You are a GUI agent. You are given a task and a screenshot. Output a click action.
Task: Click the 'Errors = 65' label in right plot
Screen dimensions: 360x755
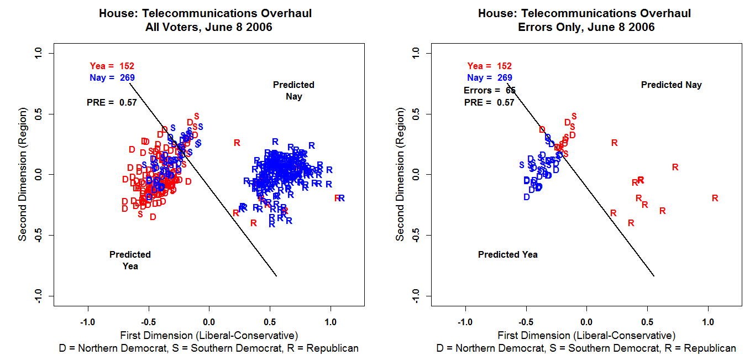tap(489, 90)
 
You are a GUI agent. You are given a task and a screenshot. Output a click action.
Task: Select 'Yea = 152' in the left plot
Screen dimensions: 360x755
tap(112, 66)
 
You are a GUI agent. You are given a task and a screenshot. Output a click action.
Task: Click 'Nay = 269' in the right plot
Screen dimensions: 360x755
tap(489, 78)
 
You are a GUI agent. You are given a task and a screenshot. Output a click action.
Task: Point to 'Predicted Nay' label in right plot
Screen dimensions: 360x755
tap(671, 85)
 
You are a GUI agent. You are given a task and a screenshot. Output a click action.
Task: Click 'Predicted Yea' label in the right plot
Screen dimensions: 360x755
tap(507, 255)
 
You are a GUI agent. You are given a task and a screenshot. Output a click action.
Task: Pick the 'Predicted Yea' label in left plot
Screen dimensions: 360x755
tap(130, 260)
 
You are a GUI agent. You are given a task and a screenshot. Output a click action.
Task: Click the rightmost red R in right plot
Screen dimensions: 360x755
tap(715, 198)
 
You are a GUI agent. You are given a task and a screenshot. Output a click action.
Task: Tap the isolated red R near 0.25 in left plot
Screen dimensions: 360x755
tap(237, 143)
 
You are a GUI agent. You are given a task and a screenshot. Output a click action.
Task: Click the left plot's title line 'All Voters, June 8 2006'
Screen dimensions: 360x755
tap(205, 27)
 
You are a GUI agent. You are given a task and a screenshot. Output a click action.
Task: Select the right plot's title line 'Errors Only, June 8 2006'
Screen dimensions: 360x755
tap(583, 27)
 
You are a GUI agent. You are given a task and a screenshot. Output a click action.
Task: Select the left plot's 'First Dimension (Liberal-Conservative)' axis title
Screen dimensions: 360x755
tap(209, 336)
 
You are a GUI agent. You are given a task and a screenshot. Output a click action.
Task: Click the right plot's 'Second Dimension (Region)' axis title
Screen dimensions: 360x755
tap(400, 174)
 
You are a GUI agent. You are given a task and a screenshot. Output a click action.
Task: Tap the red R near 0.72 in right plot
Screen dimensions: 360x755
tap(675, 167)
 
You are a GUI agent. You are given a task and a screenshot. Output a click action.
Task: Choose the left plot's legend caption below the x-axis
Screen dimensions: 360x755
tap(209, 348)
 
